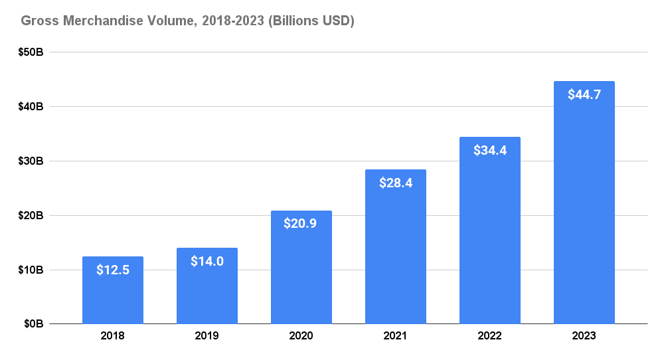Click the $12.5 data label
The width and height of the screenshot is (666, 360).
pos(113,270)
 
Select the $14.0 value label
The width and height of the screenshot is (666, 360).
pos(207,261)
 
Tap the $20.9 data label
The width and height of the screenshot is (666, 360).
pos(301,224)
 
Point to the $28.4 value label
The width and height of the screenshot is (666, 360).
pos(396,183)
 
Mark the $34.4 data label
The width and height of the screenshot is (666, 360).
pos(490,150)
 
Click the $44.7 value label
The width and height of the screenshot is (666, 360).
pos(584,94)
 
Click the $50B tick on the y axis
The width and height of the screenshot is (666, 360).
pos(31,52)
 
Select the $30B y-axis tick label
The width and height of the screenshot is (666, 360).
pos(31,161)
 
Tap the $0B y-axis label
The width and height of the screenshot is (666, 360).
pos(34,324)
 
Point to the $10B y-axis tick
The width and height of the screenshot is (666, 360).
pos(31,270)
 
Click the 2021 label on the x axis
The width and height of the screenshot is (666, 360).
pos(396,336)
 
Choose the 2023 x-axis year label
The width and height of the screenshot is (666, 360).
pos(584,336)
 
